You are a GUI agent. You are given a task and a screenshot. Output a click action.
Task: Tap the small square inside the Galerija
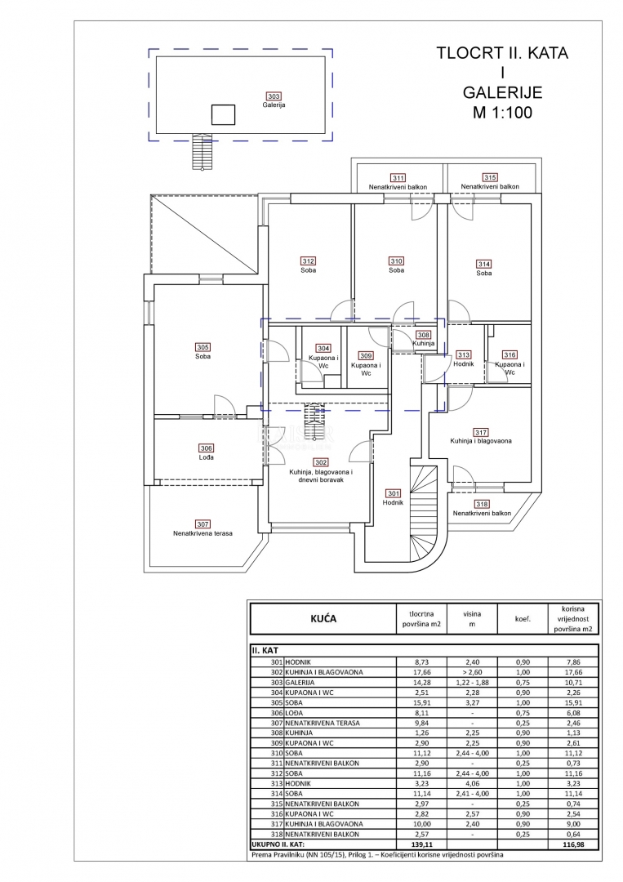coord(223,115)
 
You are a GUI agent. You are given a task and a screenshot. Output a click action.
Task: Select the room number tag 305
coord(203,346)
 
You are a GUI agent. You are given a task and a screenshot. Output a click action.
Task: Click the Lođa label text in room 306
coord(207,457)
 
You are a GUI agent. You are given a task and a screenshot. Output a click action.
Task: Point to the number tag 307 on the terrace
coord(202,523)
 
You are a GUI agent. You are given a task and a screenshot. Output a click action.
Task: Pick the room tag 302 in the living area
coord(320,462)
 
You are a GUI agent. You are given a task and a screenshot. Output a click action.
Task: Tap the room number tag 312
coord(308,261)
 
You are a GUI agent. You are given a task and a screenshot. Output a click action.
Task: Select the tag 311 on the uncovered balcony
coord(398,177)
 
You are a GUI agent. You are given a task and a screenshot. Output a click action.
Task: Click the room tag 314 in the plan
coord(484,264)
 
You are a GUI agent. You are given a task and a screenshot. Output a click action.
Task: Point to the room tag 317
coord(480,432)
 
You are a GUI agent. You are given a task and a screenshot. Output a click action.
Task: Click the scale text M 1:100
coord(501,113)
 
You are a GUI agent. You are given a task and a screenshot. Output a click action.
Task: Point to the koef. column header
coord(523,619)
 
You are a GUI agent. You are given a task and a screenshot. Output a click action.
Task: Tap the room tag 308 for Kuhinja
coord(423,335)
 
